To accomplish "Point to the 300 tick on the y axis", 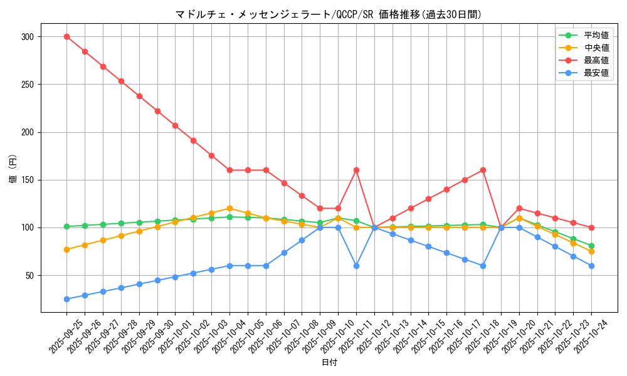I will click(27, 37).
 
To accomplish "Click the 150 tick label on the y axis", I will click(27, 180).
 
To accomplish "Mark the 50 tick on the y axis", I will click(29, 276).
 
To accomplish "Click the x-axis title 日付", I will click(329, 363).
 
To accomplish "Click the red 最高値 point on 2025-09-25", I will click(66, 36).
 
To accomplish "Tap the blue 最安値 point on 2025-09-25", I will click(66, 299).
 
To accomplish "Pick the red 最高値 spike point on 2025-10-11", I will click(356, 170).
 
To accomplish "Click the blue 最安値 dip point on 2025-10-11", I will click(356, 266).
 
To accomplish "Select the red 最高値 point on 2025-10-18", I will click(483, 170).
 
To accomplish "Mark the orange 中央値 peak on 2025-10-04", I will click(229, 208).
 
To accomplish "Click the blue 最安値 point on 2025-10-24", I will click(591, 266).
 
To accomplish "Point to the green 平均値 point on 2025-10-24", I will click(591, 246).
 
